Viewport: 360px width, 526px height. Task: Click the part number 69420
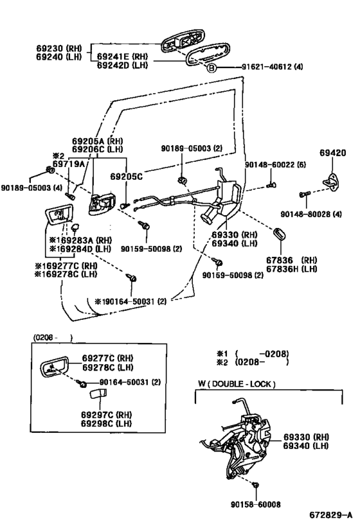(x=332, y=153)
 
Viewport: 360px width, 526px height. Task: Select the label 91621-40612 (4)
(x=264, y=67)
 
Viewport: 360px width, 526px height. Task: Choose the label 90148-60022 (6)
(x=274, y=164)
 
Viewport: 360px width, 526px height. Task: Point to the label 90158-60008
(x=256, y=504)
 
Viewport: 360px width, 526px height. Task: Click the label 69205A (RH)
(x=97, y=140)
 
